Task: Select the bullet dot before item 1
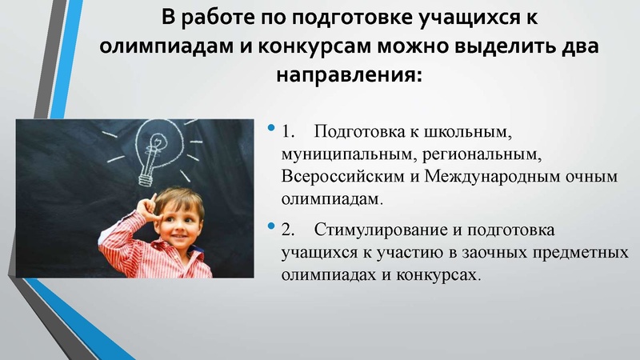(271, 127)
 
